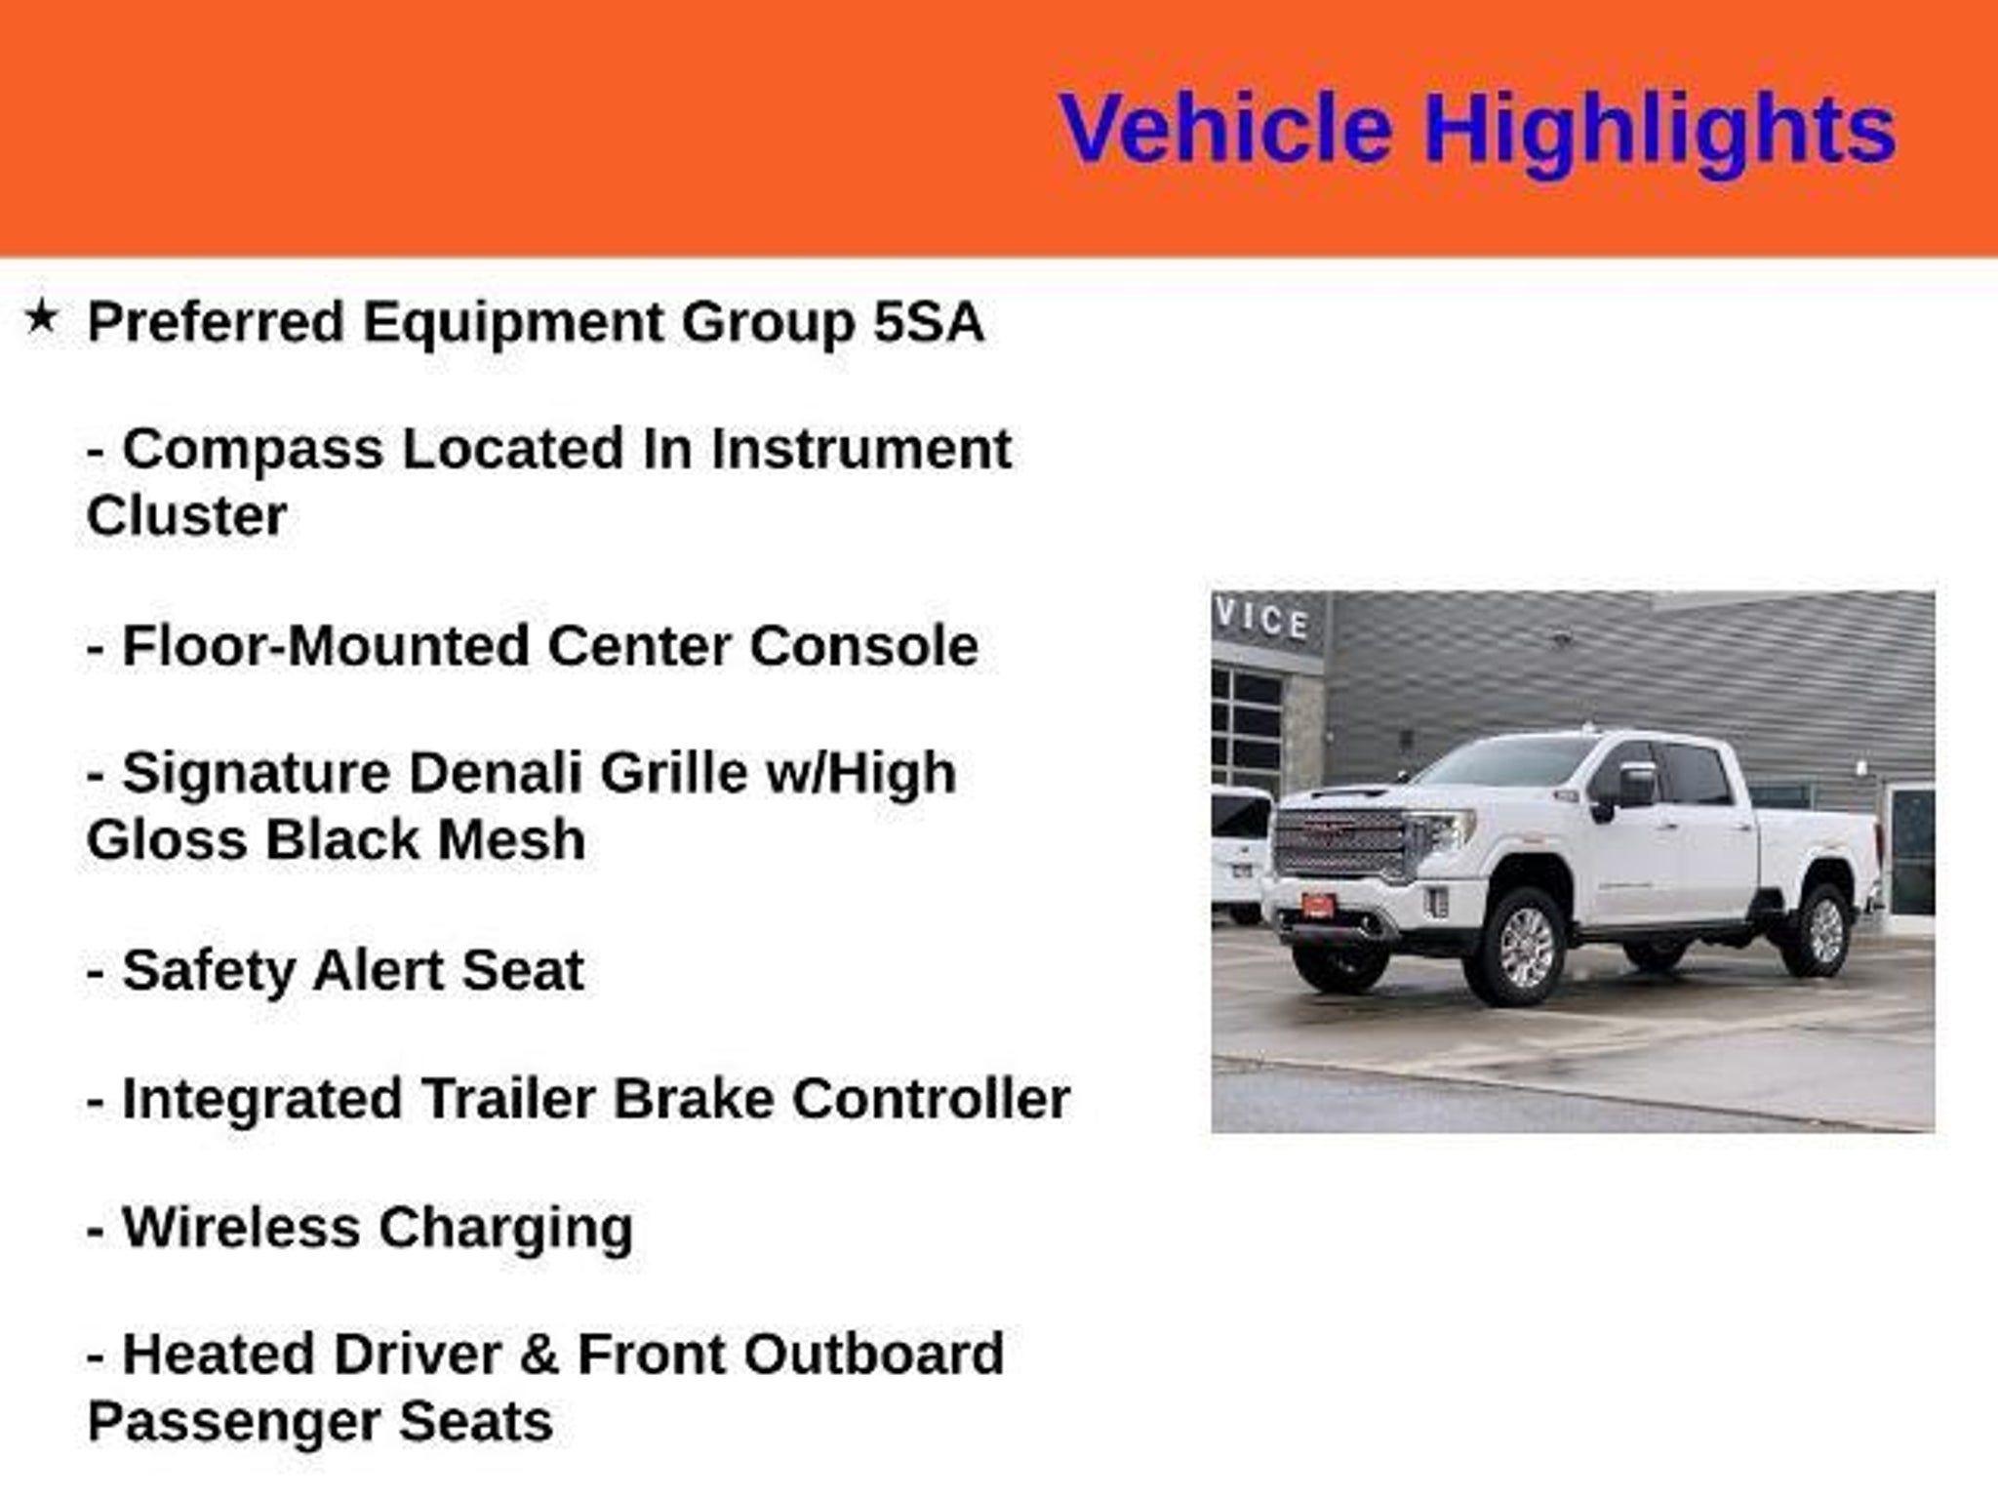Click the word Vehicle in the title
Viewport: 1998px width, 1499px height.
click(x=1225, y=128)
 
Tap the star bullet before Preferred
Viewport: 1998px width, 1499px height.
click(x=41, y=316)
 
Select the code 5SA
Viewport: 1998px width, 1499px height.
click(x=928, y=321)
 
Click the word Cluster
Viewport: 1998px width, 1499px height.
click(x=186, y=515)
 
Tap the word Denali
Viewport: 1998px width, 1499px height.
click(x=495, y=773)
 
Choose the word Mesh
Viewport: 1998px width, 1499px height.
click(x=510, y=839)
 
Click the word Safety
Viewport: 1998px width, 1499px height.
click(x=208, y=971)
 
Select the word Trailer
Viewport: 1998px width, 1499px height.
click(x=508, y=1098)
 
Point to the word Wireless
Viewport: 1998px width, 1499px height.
click(x=241, y=1227)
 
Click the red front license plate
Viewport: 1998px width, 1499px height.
click(x=1317, y=906)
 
